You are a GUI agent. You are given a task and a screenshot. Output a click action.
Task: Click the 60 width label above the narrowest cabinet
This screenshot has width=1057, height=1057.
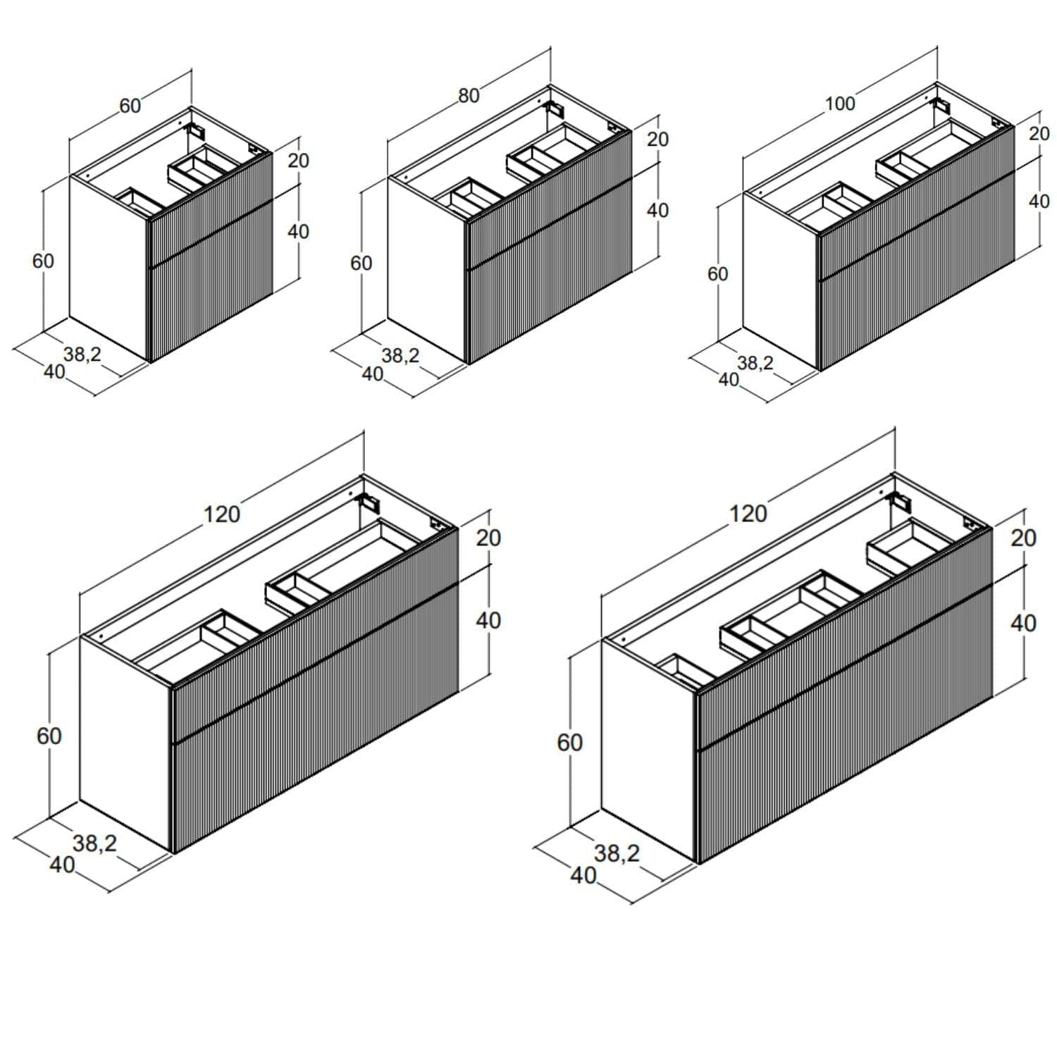(x=130, y=106)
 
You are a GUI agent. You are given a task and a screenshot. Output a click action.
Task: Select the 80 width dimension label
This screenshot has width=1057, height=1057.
(x=469, y=96)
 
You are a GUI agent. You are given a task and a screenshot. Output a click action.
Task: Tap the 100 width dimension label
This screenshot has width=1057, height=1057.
(x=840, y=104)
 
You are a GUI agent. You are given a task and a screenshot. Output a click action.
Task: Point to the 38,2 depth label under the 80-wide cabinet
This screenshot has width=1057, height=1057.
(x=401, y=356)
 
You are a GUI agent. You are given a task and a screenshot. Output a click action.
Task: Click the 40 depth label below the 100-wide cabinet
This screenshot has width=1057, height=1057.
(x=729, y=379)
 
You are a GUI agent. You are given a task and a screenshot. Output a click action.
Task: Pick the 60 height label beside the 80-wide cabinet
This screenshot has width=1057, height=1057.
(x=361, y=263)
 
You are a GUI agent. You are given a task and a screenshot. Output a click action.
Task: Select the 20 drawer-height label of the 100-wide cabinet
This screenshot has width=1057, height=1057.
(x=1039, y=133)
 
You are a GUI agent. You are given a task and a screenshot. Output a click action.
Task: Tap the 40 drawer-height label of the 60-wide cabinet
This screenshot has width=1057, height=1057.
(x=298, y=231)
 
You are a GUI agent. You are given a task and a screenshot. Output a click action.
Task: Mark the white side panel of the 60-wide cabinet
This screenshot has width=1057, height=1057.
(x=109, y=268)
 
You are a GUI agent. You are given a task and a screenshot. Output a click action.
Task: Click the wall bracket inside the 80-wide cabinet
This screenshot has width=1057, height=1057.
(x=556, y=109)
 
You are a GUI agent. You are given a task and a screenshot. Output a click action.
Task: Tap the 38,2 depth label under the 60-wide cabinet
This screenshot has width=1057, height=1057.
(x=82, y=354)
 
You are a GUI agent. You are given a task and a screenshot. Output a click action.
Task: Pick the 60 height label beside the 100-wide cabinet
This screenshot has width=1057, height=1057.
(x=718, y=273)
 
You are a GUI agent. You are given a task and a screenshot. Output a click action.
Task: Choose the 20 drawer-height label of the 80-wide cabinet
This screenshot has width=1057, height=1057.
(x=657, y=139)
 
